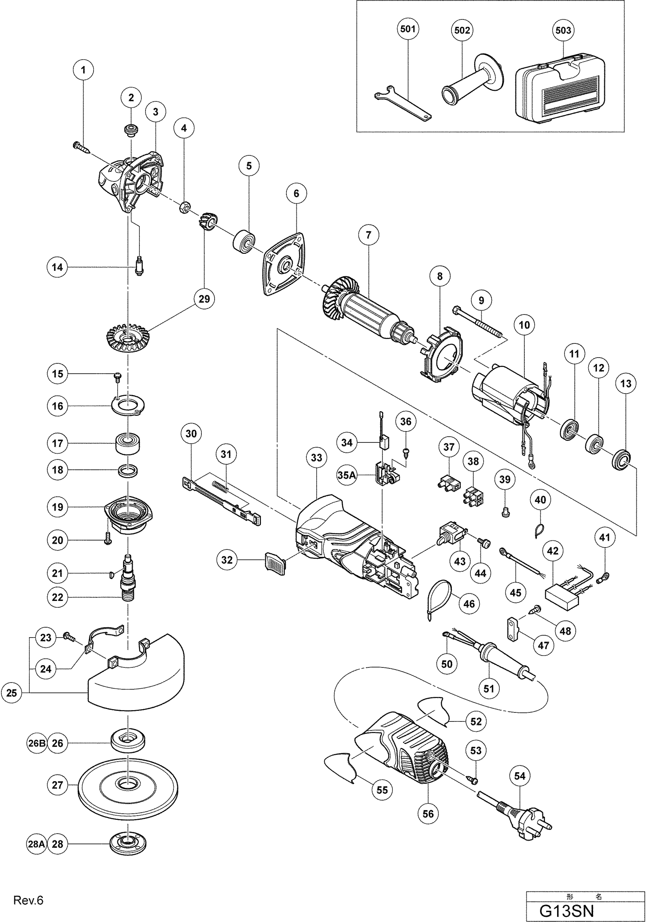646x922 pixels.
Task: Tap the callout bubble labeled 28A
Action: [37, 844]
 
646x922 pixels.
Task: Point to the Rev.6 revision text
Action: [28, 901]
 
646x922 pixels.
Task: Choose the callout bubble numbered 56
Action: [428, 814]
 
